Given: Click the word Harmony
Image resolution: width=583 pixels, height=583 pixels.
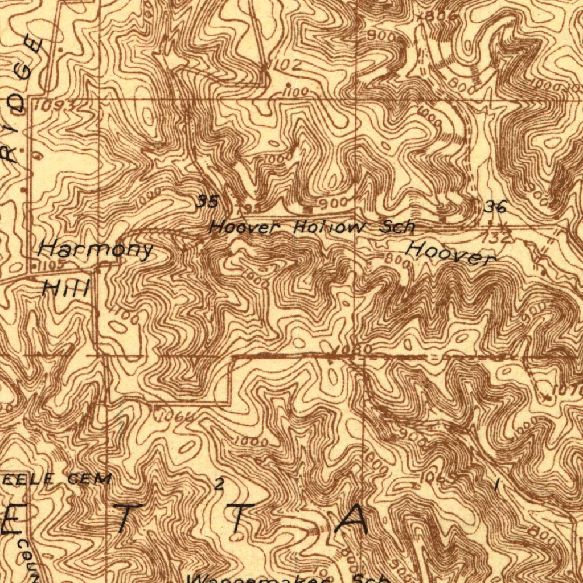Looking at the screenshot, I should tap(96, 249).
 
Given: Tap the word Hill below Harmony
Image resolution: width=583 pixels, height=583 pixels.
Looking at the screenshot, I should tap(66, 289).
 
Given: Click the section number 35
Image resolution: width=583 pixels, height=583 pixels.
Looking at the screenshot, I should tap(207, 201).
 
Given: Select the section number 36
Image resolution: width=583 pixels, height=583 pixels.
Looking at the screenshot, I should tap(495, 207).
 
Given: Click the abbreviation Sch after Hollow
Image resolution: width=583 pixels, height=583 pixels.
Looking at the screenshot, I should tap(397, 227).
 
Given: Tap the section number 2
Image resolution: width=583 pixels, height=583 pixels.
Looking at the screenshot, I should tap(219, 485).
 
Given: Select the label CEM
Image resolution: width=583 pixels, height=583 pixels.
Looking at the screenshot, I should tap(89, 479).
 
